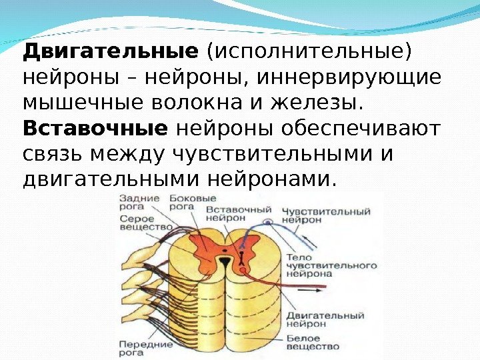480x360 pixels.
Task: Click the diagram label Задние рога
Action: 139,202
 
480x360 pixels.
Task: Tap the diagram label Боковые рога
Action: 193,202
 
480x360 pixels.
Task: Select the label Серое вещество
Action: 138,223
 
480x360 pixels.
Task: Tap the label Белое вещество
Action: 313,343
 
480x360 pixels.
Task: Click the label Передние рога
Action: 145,347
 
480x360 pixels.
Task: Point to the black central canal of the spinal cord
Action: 225,260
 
